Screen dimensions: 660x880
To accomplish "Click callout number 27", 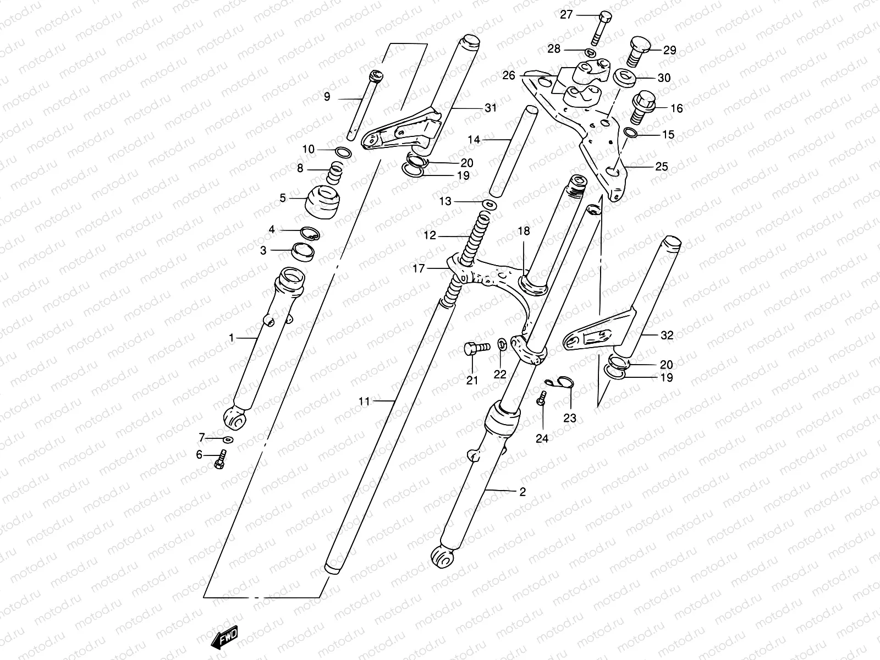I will (x=566, y=15).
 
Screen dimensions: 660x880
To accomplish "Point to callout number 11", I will (x=364, y=402).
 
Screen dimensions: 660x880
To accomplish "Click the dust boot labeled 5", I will (x=322, y=202).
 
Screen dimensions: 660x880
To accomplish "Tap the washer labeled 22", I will (x=502, y=345).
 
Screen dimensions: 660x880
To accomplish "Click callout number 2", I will (x=522, y=492).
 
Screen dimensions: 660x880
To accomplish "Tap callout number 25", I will (x=661, y=166).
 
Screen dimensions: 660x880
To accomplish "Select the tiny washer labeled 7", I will (x=228, y=439).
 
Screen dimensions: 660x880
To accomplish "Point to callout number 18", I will (x=524, y=231).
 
